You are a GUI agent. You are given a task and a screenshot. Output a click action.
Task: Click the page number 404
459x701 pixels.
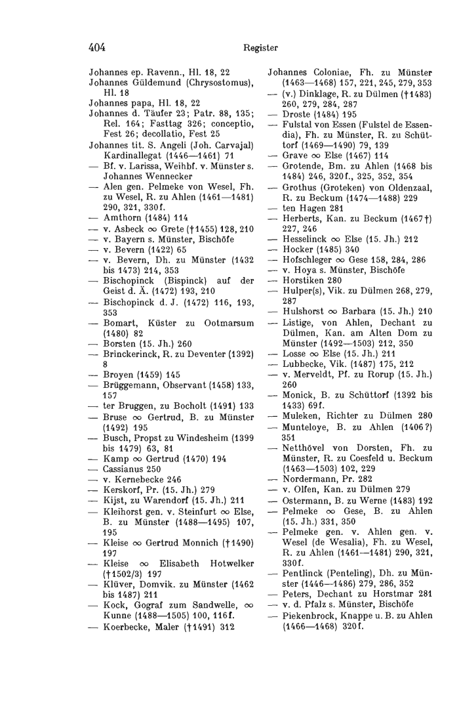point(98,47)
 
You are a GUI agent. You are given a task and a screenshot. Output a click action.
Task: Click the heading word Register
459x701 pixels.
point(260,48)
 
